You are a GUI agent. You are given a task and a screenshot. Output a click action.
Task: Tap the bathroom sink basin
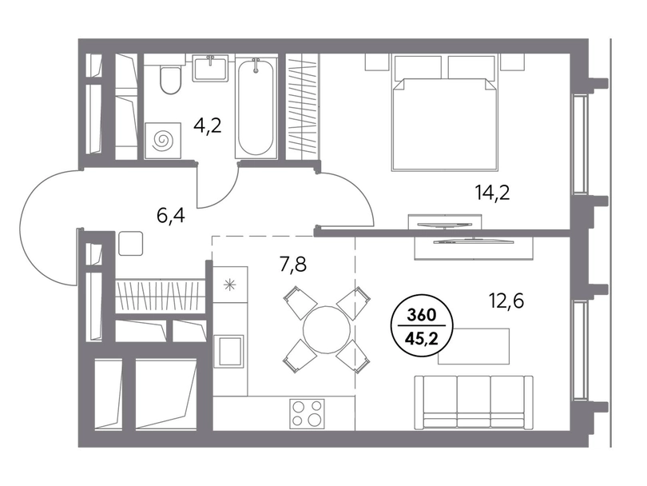(x=211, y=67)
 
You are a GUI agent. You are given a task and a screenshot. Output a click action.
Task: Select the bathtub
(x=256, y=107)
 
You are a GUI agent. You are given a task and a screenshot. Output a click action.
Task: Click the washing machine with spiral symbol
(x=163, y=141)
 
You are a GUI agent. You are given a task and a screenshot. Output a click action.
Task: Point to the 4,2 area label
(x=208, y=125)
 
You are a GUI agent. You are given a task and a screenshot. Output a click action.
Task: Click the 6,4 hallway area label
(x=171, y=215)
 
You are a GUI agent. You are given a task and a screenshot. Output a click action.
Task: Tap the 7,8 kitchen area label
(x=293, y=265)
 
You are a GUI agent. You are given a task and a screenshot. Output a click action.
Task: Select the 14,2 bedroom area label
(x=492, y=192)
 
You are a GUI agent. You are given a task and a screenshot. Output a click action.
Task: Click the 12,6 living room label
(x=506, y=301)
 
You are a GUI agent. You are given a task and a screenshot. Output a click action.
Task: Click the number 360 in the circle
(x=421, y=316)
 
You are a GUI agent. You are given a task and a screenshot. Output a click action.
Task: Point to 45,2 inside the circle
(x=421, y=340)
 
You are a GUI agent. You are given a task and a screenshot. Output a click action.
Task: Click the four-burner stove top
(x=307, y=413)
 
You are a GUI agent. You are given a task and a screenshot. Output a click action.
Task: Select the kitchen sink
(x=228, y=351)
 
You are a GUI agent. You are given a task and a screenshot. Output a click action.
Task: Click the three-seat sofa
(x=474, y=403)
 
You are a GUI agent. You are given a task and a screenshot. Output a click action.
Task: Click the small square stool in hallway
(x=131, y=243)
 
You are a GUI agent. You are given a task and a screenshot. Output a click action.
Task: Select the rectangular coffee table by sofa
(x=474, y=346)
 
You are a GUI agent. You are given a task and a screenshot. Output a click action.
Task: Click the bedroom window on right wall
(x=580, y=144)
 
